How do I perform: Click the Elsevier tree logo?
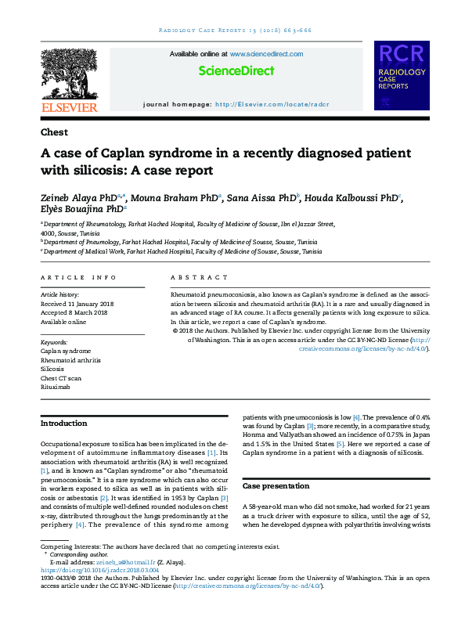click(69, 74)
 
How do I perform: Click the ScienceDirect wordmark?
click(236, 70)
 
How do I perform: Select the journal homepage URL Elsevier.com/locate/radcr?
click(272, 104)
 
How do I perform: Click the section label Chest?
click(54, 132)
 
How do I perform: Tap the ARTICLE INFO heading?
click(78, 278)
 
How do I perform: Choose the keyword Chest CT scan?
click(60, 377)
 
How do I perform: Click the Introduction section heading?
click(63, 424)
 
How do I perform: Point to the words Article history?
click(59, 293)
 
